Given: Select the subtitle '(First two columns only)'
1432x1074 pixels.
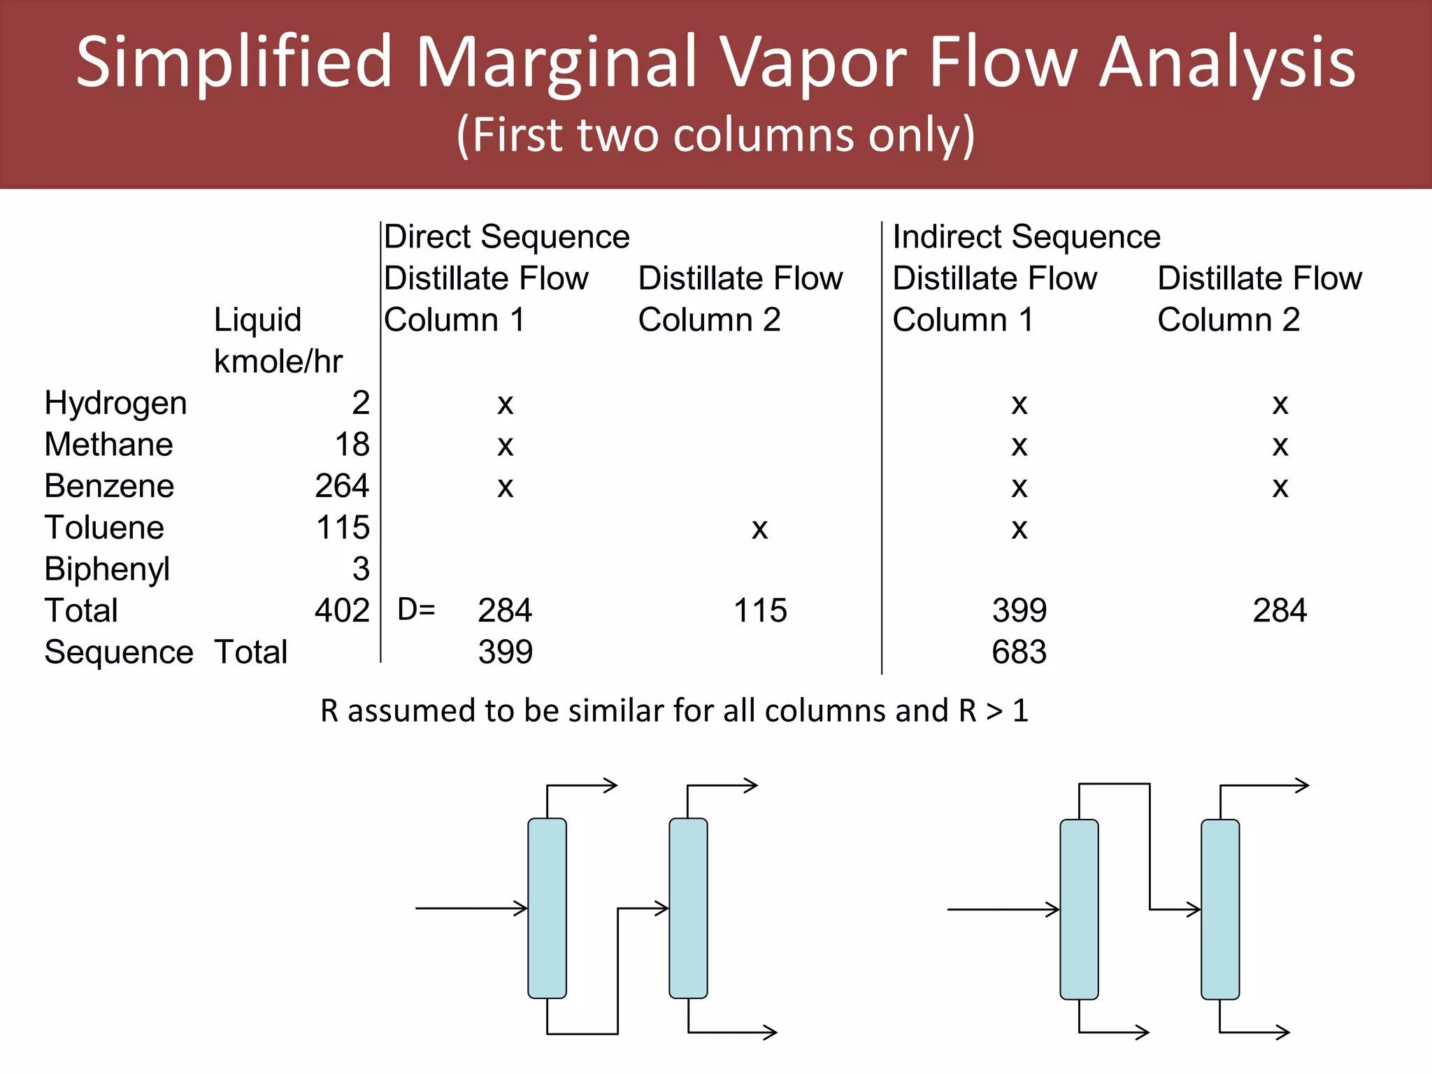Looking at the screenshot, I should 715,134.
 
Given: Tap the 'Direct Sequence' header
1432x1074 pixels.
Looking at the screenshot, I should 506,236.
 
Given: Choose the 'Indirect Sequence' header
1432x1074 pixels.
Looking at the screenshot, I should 1026,236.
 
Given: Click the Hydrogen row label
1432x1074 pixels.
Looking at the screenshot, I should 115,403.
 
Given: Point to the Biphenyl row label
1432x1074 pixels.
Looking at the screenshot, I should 107,569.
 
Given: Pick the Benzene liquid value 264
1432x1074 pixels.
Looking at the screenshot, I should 341,486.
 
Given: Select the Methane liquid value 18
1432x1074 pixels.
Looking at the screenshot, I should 352,445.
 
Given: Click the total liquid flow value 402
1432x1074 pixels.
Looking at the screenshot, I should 341,610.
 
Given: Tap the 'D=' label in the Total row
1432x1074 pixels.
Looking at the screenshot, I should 416,610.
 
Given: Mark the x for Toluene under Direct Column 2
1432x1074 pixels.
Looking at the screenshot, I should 759,529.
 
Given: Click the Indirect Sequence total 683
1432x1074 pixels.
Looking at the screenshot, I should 1019,652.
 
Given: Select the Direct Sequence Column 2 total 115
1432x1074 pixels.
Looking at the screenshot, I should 760,610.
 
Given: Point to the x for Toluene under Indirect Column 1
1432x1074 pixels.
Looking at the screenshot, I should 1019,529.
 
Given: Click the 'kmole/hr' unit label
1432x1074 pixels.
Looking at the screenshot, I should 278,361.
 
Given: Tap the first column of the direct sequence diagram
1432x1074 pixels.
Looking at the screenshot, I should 547,908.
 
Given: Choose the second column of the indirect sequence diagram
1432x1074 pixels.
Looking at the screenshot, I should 1220,909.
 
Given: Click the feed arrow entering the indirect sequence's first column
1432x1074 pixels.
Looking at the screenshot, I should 1003,910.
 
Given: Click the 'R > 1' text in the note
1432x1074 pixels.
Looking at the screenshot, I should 993,710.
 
